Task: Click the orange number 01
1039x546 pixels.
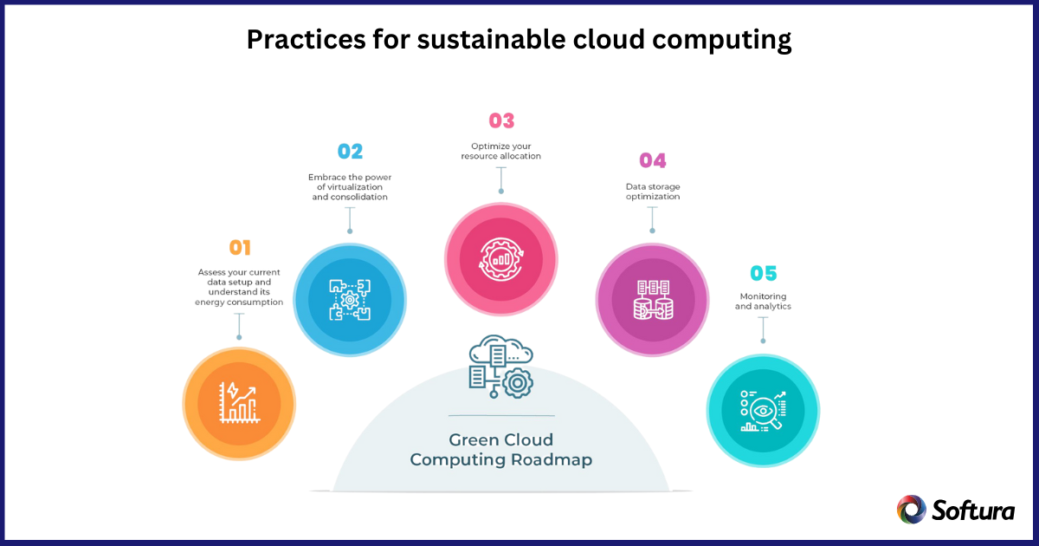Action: coord(240,248)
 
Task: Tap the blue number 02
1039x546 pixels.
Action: coord(350,152)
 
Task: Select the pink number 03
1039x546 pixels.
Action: coord(501,120)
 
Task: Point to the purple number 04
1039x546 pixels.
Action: coord(653,160)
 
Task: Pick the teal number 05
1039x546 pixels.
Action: coord(764,273)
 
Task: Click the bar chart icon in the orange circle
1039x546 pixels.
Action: coord(239,402)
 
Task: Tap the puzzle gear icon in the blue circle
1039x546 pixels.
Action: coord(350,300)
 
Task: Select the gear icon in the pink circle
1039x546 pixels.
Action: coord(501,259)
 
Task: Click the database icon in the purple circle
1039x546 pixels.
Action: coord(653,300)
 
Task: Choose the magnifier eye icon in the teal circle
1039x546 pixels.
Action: coord(763,411)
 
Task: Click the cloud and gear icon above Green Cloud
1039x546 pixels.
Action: coord(501,367)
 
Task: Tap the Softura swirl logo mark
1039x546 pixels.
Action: coord(911,510)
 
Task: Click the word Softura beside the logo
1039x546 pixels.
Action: coord(973,510)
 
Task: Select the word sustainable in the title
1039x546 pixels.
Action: coord(491,39)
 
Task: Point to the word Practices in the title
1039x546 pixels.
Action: coord(307,39)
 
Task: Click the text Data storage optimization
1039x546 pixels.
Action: coord(653,192)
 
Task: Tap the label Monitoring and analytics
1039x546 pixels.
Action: coord(763,302)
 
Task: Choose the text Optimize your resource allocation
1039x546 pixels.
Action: coord(501,152)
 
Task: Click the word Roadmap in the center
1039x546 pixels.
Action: coord(552,459)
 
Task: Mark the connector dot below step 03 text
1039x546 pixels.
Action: coord(501,192)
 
